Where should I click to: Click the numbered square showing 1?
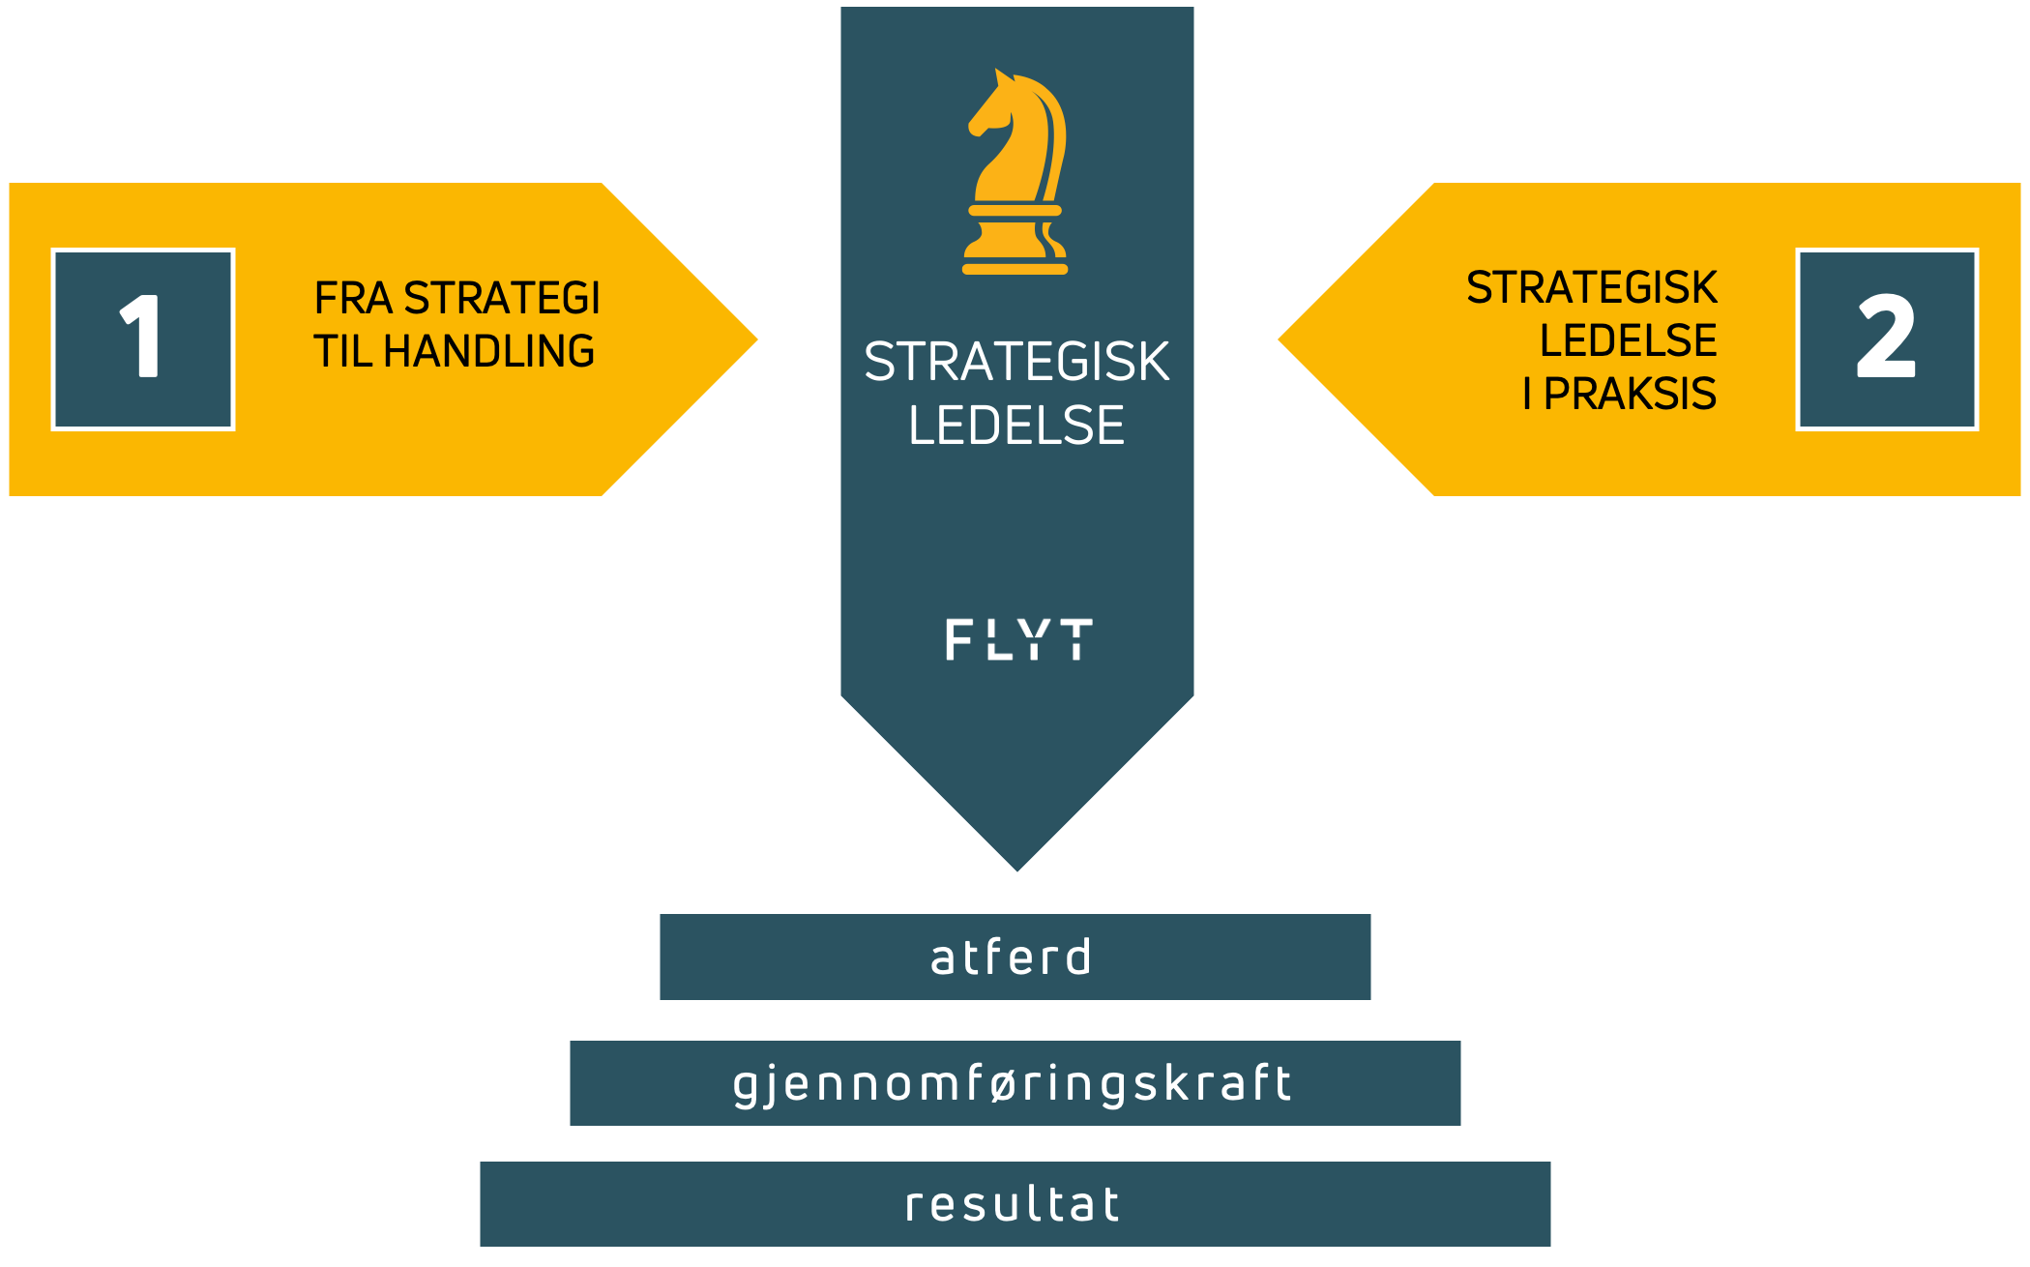click(x=143, y=339)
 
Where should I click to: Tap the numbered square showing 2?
click(x=1887, y=339)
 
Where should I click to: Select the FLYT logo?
click(x=1018, y=639)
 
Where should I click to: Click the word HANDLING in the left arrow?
click(x=488, y=351)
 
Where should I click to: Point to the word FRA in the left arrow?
click(x=353, y=298)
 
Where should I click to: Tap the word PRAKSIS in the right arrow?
click(x=1630, y=394)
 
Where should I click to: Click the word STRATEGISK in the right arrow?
click(x=1591, y=287)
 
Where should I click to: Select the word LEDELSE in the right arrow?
click(x=1628, y=340)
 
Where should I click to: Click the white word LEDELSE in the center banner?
click(x=1016, y=426)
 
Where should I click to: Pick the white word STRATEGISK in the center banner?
click(x=1016, y=362)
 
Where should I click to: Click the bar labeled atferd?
click(x=1015, y=958)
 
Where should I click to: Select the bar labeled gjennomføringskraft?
click(x=1015, y=1083)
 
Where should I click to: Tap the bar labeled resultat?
click(x=1015, y=1204)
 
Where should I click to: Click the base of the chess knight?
click(x=1015, y=266)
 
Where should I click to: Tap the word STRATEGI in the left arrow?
click(x=502, y=298)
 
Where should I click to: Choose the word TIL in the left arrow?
click(x=342, y=351)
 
